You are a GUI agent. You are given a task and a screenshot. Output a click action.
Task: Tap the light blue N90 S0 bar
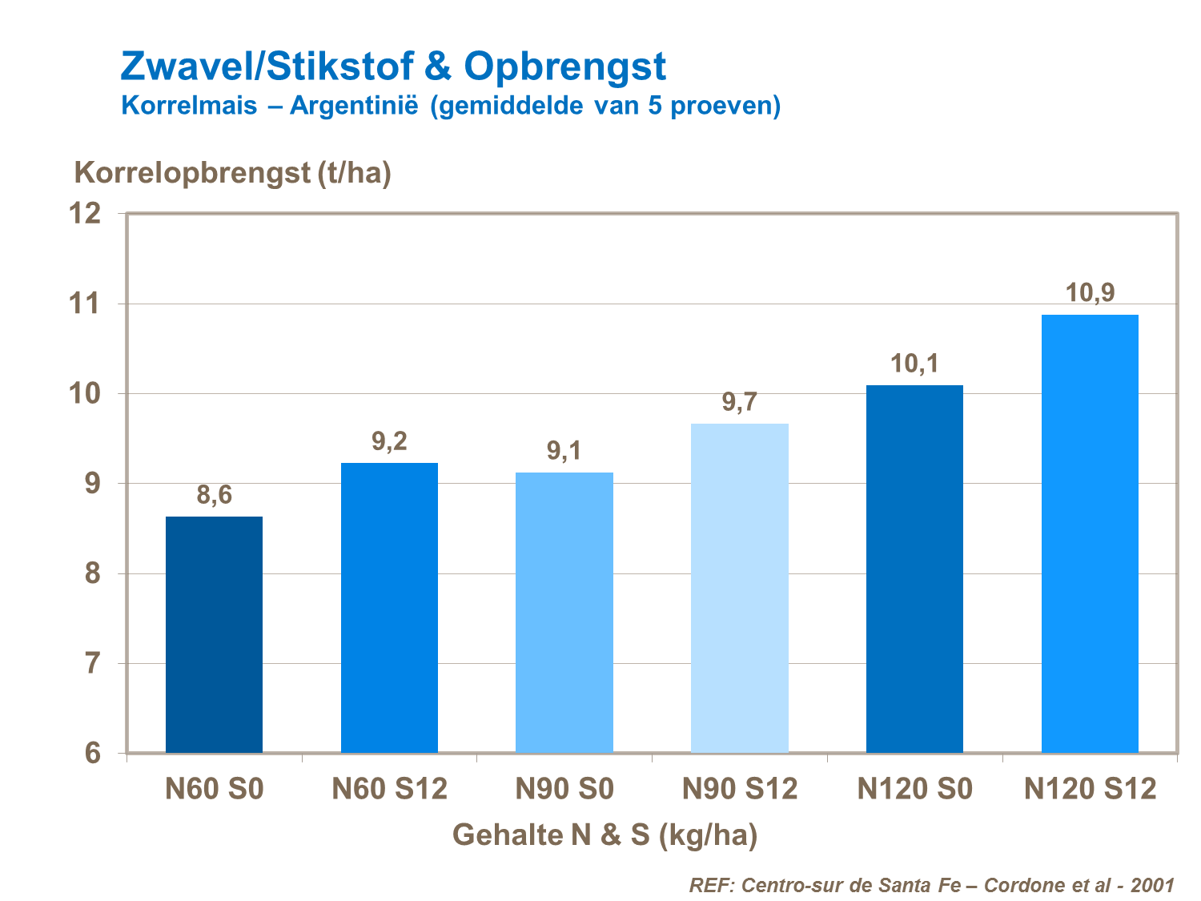[564, 612]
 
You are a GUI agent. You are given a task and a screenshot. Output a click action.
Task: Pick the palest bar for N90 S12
[739, 588]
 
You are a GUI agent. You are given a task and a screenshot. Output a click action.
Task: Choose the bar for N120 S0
[914, 569]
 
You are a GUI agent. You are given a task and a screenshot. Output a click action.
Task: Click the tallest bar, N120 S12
[1090, 533]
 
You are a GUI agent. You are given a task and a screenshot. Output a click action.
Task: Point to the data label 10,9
[1090, 293]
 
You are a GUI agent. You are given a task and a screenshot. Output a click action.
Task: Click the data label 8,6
[214, 496]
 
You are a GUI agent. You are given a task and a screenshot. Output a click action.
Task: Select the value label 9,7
[739, 402]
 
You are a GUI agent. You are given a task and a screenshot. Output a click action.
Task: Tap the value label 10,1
[914, 364]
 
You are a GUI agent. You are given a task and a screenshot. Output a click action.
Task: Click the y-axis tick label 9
[93, 484]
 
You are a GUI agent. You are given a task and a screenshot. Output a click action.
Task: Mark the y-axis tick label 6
[93, 754]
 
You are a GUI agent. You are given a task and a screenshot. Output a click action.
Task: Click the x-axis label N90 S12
[739, 790]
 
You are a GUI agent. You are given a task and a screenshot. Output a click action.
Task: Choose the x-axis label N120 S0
[914, 790]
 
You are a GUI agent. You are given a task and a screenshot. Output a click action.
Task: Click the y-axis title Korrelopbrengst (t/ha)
[232, 173]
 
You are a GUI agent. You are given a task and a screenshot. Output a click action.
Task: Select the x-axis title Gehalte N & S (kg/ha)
[605, 835]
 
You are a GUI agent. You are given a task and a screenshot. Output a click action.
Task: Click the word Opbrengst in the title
[564, 66]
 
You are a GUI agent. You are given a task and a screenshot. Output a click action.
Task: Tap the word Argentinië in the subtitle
[354, 106]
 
